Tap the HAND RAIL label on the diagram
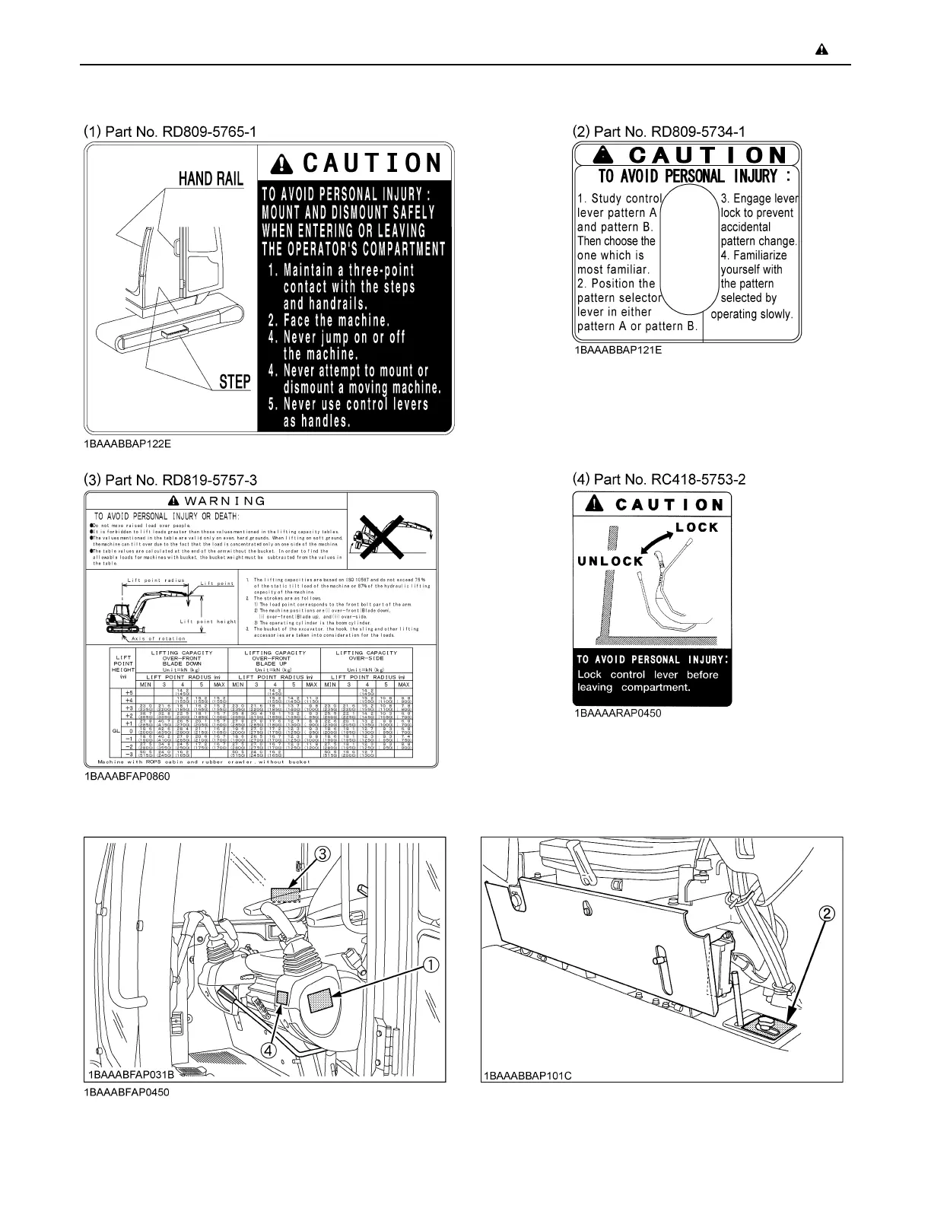point(211,179)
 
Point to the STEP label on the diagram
point(235,382)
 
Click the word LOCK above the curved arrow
point(697,527)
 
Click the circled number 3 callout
point(323,854)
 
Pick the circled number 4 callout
point(268,1050)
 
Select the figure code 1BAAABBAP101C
point(526,1076)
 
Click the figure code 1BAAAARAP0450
point(618,714)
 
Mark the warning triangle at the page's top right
point(821,50)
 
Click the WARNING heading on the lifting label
point(218,501)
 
